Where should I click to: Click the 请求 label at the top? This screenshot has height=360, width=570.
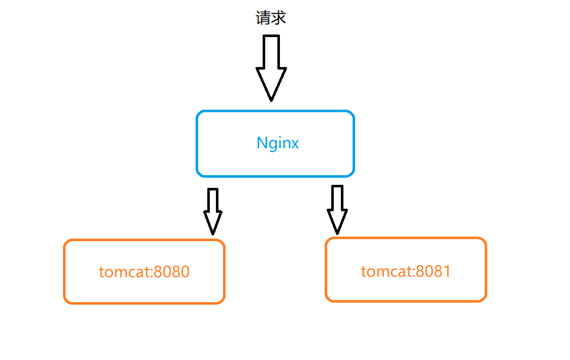[x=271, y=19]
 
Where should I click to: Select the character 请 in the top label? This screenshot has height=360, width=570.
[x=263, y=19]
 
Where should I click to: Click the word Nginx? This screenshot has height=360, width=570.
[x=277, y=143]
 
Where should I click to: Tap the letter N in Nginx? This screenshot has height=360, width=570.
[x=262, y=143]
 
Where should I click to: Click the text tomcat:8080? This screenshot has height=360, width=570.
[x=144, y=272]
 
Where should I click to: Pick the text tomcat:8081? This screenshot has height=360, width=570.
[x=406, y=271]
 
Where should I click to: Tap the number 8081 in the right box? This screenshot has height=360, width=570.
[x=433, y=271]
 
